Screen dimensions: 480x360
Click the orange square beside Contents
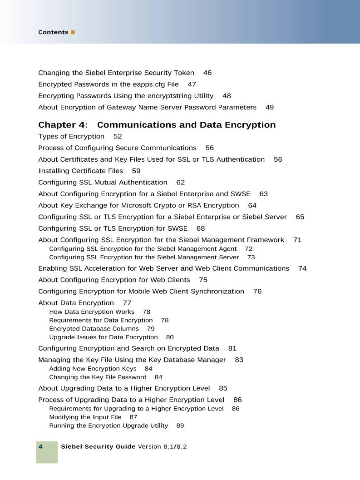tap(73, 32)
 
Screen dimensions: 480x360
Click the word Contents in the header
tap(53, 32)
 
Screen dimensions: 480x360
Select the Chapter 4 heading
tap(157, 125)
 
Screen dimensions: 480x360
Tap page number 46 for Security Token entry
tap(207, 73)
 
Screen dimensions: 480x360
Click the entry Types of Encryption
tap(71, 136)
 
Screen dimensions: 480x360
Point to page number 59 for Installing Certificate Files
tap(136, 171)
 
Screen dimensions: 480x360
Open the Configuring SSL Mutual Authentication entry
tap(103, 183)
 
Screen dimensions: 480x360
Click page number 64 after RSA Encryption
tap(252, 205)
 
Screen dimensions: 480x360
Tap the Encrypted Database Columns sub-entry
tap(94, 329)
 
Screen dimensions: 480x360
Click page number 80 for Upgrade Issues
tap(170, 337)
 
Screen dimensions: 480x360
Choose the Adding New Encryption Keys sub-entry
tap(93, 369)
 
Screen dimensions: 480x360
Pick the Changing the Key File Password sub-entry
tap(98, 377)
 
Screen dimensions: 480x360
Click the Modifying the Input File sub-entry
tap(85, 417)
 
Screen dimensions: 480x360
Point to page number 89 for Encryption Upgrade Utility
tap(180, 426)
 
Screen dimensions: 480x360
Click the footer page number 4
tap(40, 447)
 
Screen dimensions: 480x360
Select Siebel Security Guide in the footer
tap(98, 447)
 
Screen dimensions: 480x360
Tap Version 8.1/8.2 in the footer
tap(162, 447)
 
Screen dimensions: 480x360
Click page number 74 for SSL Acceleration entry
tap(302, 268)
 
